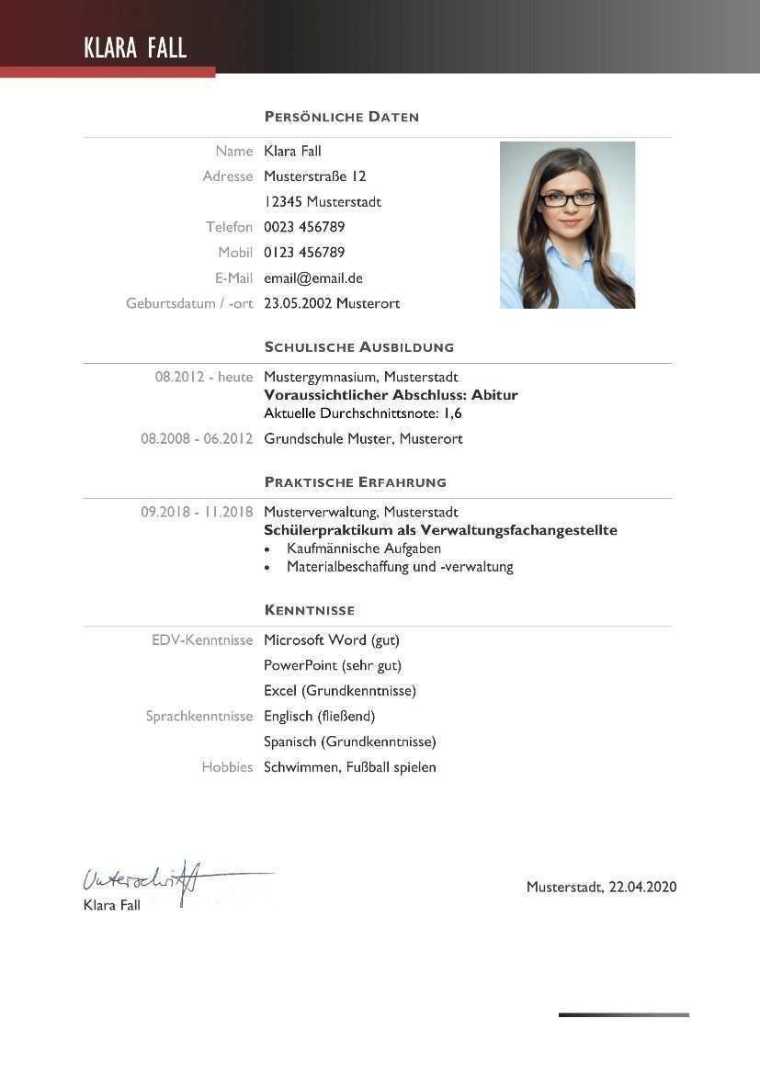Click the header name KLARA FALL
click(x=135, y=48)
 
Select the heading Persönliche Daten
click(x=341, y=117)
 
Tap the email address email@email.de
click(x=312, y=277)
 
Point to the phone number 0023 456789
click(x=304, y=227)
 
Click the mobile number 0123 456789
click(x=304, y=253)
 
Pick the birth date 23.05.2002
click(x=298, y=303)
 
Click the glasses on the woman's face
click(x=568, y=198)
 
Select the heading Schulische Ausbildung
click(x=358, y=347)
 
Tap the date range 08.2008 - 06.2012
click(x=196, y=439)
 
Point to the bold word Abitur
click(x=494, y=395)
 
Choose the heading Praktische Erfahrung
click(x=355, y=482)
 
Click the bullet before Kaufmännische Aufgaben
click(x=267, y=549)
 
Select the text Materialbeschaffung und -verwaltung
click(x=400, y=567)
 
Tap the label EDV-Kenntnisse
click(x=202, y=640)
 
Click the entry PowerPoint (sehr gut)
click(x=333, y=665)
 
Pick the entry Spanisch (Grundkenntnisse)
click(x=349, y=741)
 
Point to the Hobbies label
click(x=227, y=767)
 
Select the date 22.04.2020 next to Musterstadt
click(x=642, y=888)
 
